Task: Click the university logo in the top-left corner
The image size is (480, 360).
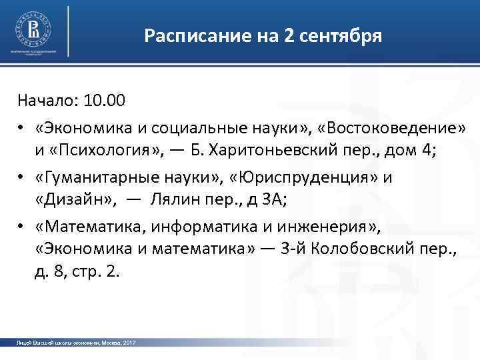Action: coord(32,29)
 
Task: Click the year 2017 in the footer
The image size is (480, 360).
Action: coord(130,342)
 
